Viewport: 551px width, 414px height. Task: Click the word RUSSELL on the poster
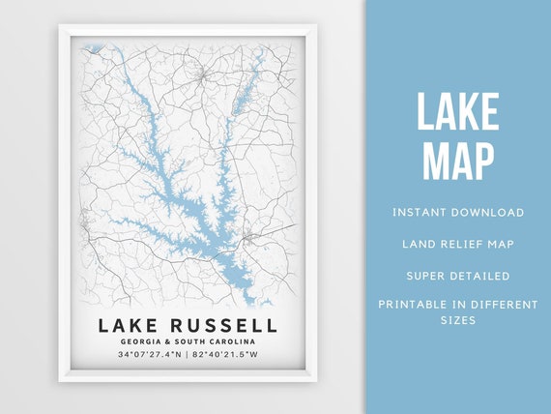click(x=220, y=325)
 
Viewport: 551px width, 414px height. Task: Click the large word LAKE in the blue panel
click(x=458, y=114)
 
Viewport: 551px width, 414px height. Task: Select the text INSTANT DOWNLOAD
click(x=458, y=212)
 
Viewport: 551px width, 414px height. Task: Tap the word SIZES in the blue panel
click(x=458, y=320)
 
